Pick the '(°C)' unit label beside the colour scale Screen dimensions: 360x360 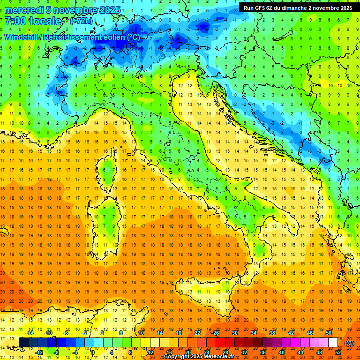tap(349, 343)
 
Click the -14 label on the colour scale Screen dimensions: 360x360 tap(30, 333)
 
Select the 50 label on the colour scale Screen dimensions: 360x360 tap(329, 333)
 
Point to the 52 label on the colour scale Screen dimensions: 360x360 tap(338, 352)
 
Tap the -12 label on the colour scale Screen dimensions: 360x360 tap(39, 352)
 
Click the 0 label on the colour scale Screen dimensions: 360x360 tap(93, 352)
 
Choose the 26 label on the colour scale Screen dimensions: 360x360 tap(216, 333)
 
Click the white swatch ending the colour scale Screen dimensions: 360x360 tap(333, 343)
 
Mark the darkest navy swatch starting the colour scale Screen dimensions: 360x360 tap(23, 343)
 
